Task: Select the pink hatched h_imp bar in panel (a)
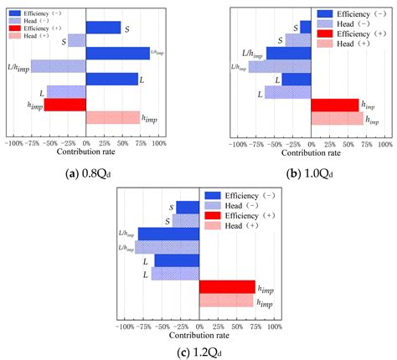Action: click(113, 117)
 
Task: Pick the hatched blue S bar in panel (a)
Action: click(76, 40)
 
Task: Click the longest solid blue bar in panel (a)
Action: click(117, 54)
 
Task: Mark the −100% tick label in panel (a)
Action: click(13, 143)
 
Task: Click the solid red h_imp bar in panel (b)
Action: click(335, 105)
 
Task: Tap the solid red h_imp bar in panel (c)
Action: click(227, 286)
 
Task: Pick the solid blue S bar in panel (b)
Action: click(306, 27)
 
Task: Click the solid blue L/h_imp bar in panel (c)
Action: click(168, 234)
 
